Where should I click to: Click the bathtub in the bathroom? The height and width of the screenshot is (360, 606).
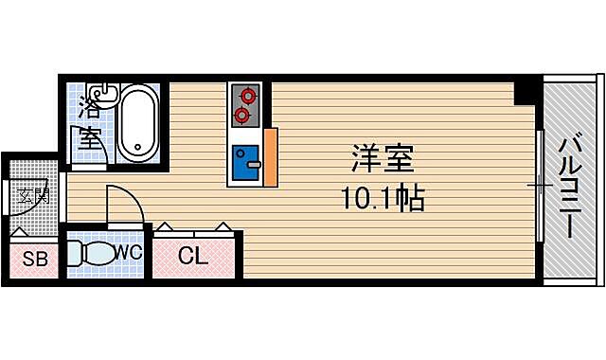pos(140,123)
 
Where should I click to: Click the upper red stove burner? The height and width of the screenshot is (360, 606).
pos(247,96)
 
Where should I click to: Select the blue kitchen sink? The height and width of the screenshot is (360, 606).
pos(246,163)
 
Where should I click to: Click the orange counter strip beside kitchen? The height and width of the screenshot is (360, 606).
pos(271,156)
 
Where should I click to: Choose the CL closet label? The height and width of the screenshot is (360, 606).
pos(192,256)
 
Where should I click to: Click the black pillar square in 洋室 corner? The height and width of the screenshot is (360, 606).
pos(524,92)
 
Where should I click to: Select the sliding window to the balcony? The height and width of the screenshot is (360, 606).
pos(539,186)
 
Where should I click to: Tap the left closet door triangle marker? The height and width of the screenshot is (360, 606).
pos(164,227)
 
